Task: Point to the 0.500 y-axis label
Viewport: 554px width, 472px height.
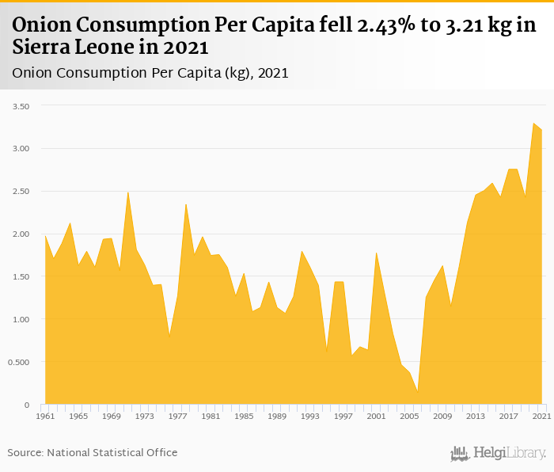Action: click(17, 363)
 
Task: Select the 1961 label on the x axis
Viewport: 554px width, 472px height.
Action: click(45, 416)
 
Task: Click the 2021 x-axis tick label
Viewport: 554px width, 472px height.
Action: click(541, 416)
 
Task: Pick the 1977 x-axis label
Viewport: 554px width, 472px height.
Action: click(177, 416)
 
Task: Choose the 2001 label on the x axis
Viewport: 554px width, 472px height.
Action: click(376, 416)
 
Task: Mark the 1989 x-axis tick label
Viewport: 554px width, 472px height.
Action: click(277, 416)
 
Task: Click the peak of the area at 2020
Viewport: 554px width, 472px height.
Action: click(534, 124)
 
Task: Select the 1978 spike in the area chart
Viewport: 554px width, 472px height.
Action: click(186, 204)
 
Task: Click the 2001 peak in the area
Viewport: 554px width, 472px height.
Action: click(377, 253)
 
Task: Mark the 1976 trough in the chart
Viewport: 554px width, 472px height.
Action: click(169, 336)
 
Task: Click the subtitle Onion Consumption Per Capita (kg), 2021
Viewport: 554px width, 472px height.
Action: click(150, 74)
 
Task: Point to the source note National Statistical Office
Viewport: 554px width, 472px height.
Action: click(112, 452)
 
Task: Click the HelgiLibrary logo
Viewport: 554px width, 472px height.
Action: click(499, 453)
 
